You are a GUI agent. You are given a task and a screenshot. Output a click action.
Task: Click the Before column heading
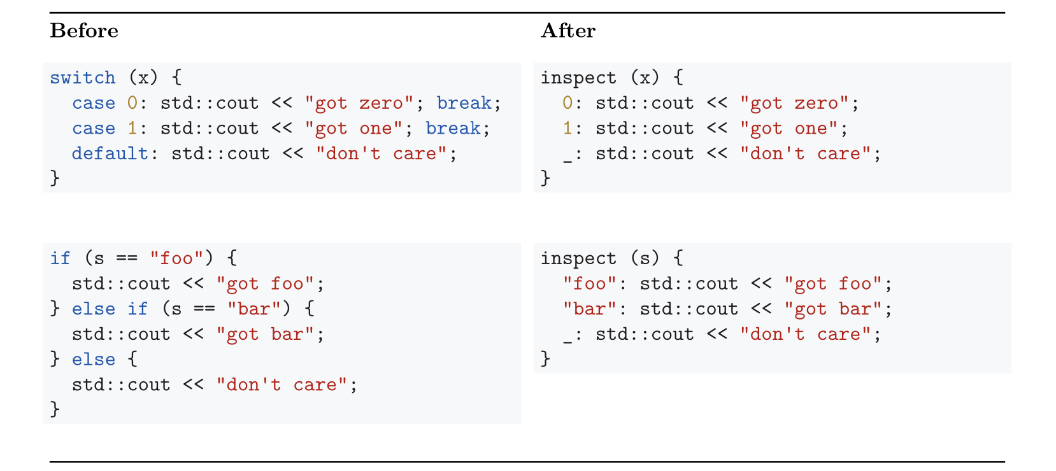pyautogui.click(x=84, y=31)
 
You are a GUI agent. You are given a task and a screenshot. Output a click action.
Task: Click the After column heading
pyautogui.click(x=568, y=31)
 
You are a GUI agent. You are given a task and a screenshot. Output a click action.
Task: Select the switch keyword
pyautogui.click(x=83, y=78)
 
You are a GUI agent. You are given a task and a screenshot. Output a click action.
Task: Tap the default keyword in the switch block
pyautogui.click(x=110, y=153)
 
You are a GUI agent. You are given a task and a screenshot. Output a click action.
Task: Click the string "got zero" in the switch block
pyautogui.click(x=359, y=103)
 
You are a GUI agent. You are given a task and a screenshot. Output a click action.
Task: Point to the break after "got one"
pyautogui.click(x=453, y=129)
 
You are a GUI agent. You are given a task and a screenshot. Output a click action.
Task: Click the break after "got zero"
pyautogui.click(x=464, y=103)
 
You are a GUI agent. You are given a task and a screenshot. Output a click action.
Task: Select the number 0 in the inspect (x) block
pyautogui.click(x=567, y=103)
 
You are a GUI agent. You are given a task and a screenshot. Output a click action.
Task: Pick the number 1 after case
pyautogui.click(x=132, y=129)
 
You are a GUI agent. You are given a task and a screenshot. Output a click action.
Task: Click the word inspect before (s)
pyautogui.click(x=578, y=258)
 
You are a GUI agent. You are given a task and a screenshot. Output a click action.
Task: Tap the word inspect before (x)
pyautogui.click(x=578, y=78)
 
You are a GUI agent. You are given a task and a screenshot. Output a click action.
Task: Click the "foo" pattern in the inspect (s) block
pyautogui.click(x=590, y=284)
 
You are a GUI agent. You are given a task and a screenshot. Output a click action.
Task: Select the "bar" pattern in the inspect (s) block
pyautogui.click(x=590, y=309)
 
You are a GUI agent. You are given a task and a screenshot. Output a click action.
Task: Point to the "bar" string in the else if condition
pyautogui.click(x=254, y=309)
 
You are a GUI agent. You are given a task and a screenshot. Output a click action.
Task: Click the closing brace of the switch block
pyautogui.click(x=55, y=178)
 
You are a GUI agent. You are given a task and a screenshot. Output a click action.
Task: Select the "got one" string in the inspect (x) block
pyautogui.click(x=788, y=129)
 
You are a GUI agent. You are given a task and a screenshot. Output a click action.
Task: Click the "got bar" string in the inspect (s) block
pyautogui.click(x=832, y=309)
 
